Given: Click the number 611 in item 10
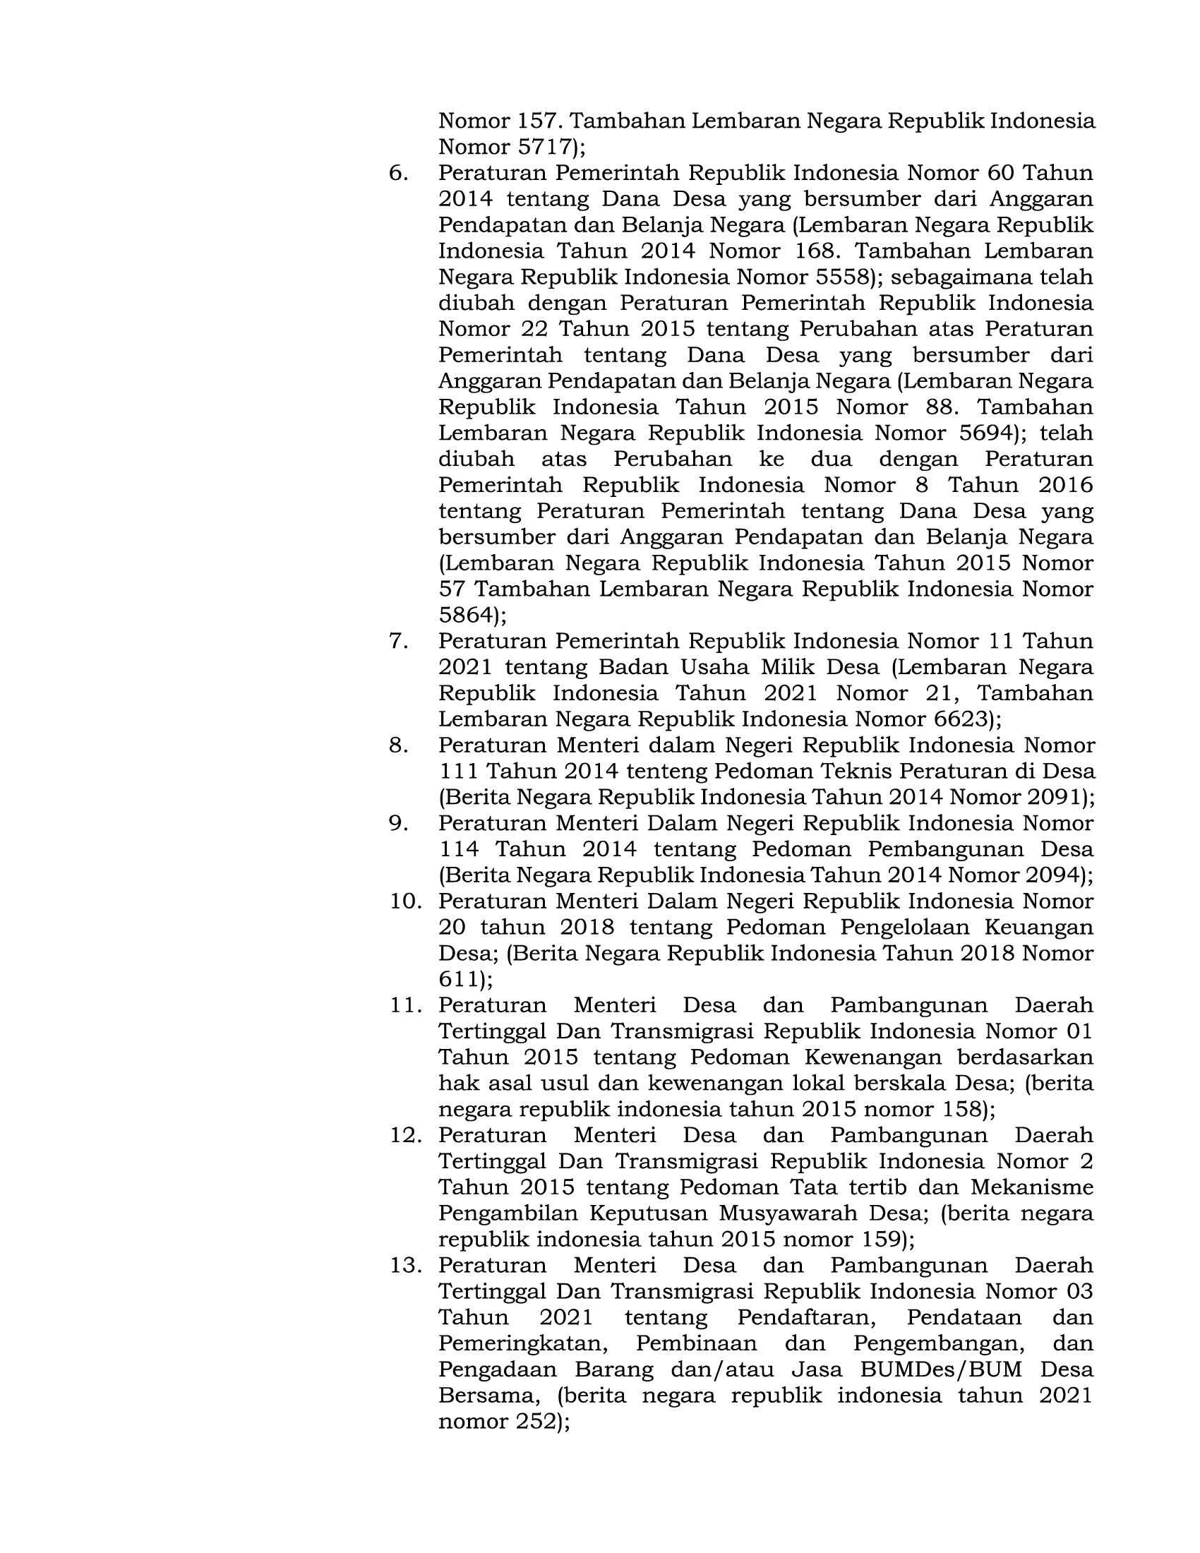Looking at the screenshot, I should (460, 979).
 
